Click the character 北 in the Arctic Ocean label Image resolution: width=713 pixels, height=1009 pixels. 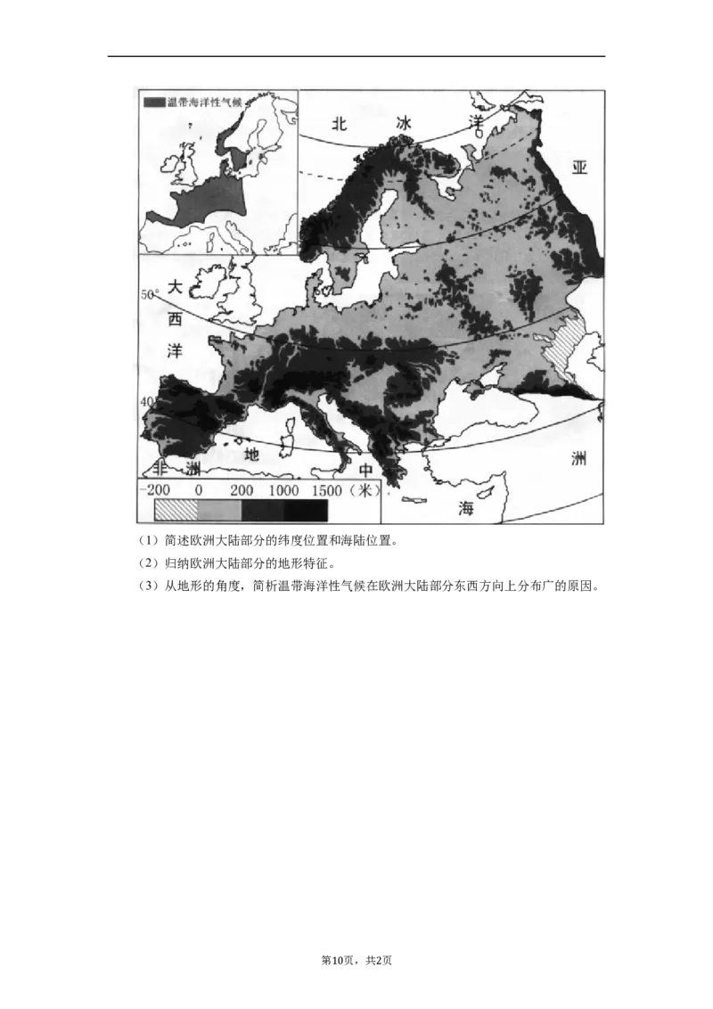tap(338, 124)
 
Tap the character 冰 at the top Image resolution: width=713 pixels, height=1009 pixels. tap(406, 124)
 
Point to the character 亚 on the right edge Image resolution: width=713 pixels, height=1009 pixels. tap(580, 168)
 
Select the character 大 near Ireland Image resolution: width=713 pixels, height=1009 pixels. tap(176, 287)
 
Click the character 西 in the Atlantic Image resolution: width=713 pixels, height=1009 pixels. tap(176, 318)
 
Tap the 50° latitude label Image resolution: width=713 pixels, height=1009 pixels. tap(149, 294)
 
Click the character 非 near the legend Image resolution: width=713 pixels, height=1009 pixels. tap(161, 469)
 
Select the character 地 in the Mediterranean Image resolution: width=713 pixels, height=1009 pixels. tap(253, 454)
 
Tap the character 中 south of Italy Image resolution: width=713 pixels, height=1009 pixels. tap(365, 471)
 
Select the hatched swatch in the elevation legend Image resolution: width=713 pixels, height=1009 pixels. tap(175, 511)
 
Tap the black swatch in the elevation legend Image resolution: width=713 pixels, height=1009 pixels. tap(306, 511)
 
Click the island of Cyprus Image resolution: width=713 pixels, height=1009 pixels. tap(485, 492)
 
